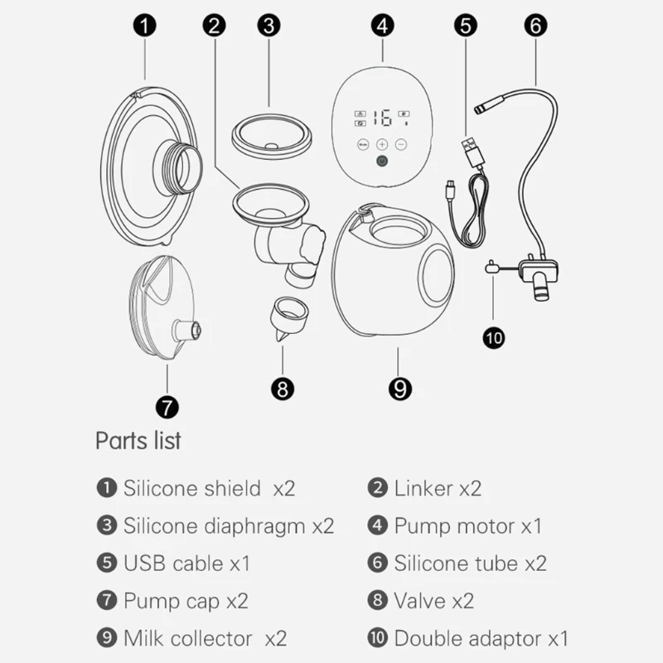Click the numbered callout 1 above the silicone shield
tap(144, 26)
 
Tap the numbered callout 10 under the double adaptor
tap(493, 338)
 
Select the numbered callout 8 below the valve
tap(283, 389)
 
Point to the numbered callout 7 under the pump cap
tap(167, 407)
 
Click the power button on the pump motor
tap(382, 161)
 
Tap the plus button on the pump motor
tap(382, 144)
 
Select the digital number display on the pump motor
tap(384, 118)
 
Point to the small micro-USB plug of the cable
tap(451, 189)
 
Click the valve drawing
tap(289, 317)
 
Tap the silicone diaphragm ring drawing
tap(272, 136)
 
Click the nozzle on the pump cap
tap(186, 330)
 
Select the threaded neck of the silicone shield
tap(178, 167)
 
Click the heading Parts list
tap(138, 441)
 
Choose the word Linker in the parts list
tap(423, 488)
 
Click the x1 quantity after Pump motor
tap(531, 526)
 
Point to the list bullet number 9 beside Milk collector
tap(107, 637)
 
